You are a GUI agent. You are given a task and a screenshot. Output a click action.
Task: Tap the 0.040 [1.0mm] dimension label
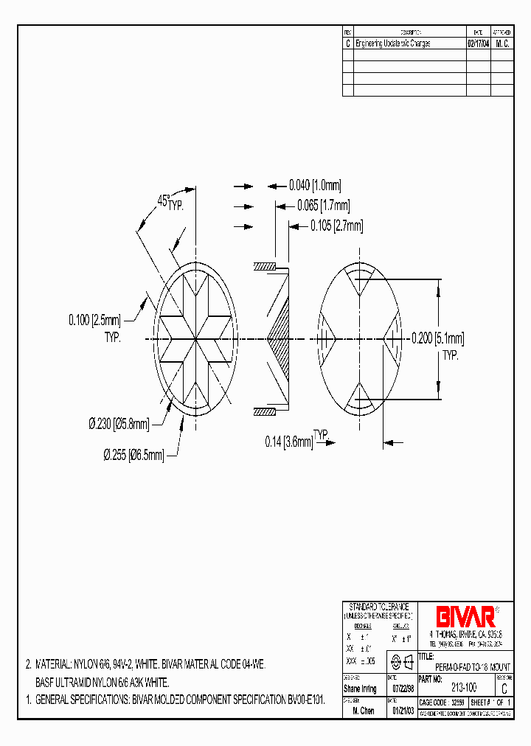pos(315,186)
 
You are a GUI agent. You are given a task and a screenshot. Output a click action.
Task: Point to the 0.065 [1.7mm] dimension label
pos(324,206)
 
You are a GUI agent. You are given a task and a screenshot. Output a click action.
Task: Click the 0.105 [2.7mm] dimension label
pos(336,226)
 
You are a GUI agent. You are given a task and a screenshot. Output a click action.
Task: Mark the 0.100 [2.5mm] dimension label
pos(94,320)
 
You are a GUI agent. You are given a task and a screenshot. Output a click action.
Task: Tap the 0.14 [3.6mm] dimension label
pos(289,442)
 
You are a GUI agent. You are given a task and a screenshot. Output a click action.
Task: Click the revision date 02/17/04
pos(478,43)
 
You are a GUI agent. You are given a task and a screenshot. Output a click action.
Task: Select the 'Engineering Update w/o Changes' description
pos(392,43)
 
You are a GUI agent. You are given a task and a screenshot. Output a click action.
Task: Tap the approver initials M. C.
pos(502,43)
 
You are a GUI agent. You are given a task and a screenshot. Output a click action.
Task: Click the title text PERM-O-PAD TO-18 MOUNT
pos(472,666)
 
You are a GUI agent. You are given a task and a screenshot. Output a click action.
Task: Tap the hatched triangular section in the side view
pos(280,338)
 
